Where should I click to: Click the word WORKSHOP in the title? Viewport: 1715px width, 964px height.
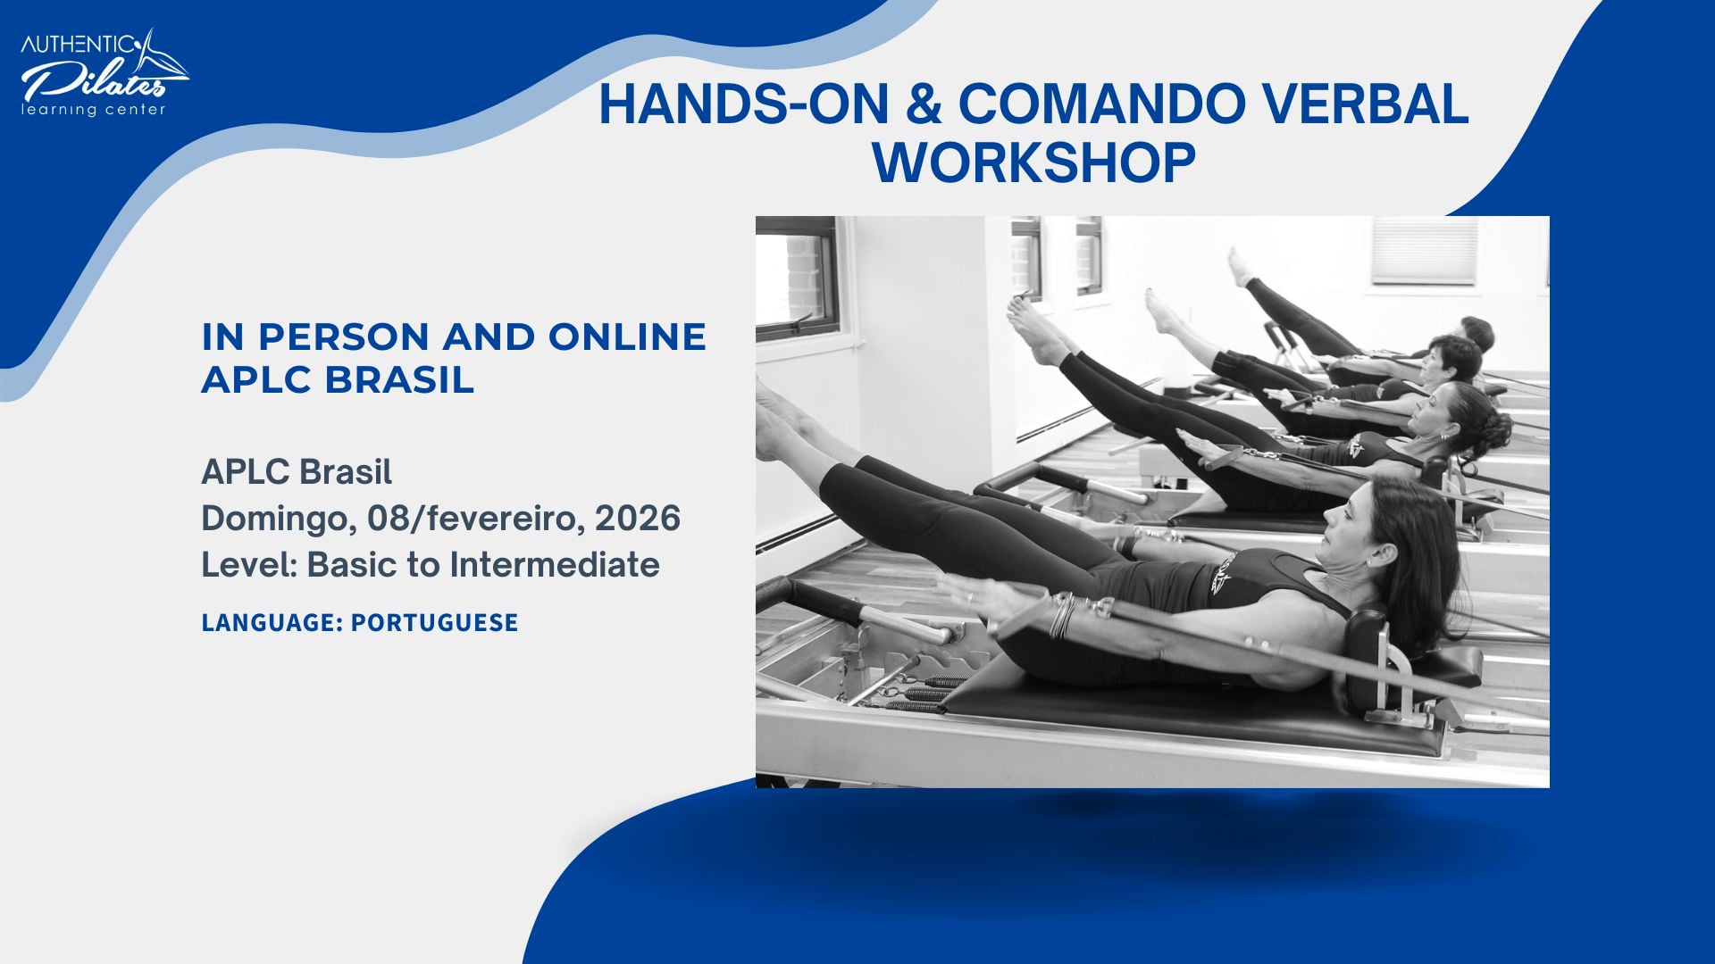(1033, 162)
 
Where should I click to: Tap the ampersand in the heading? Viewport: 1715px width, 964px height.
(923, 104)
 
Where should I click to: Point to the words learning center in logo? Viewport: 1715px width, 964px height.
(94, 110)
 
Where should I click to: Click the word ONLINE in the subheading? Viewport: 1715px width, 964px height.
(627, 337)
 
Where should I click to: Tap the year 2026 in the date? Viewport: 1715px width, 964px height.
(638, 519)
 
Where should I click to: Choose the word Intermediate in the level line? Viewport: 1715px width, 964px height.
(554, 565)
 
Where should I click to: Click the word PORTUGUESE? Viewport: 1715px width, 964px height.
(434, 622)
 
